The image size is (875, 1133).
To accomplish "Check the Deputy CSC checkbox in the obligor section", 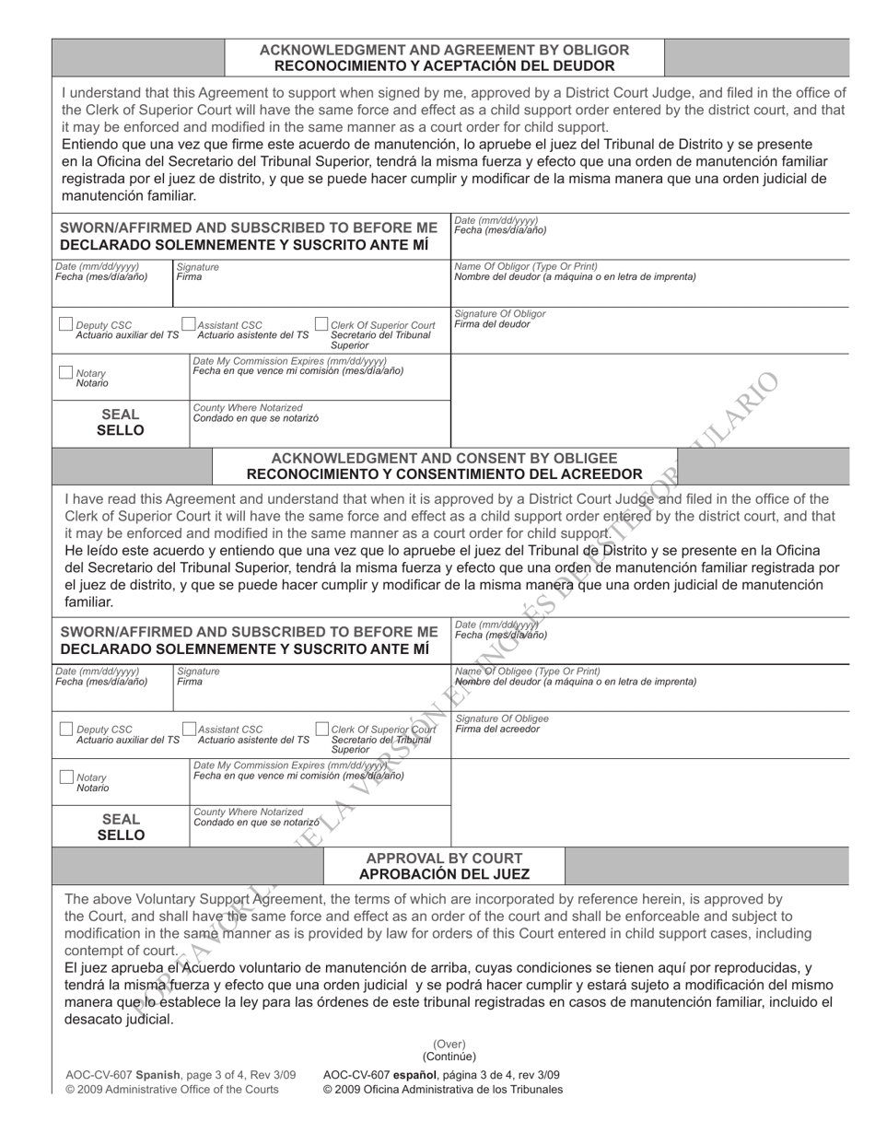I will click(x=65, y=324).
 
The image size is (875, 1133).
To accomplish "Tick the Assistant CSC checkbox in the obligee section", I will click(x=190, y=729).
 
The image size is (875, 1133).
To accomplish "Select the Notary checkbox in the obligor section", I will click(x=65, y=372).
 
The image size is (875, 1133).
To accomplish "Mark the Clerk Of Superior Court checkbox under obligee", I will click(x=322, y=729).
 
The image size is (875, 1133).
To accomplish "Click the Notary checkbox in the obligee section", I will click(x=65, y=777).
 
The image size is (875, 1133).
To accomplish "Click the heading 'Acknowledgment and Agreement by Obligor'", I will click(x=444, y=50).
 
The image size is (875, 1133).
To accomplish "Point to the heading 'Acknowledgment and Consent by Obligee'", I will click(x=444, y=458).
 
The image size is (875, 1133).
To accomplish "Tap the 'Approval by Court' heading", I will click(x=444, y=858).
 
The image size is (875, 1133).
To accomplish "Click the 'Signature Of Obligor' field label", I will click(x=500, y=314).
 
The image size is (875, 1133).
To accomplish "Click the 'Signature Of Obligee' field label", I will click(x=502, y=718).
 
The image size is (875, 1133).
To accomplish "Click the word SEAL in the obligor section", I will click(x=121, y=415).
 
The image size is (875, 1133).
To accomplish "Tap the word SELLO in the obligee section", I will click(x=121, y=835).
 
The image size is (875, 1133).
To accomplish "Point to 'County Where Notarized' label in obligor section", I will click(x=247, y=407).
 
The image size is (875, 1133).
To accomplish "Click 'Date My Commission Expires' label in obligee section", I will click(x=289, y=765).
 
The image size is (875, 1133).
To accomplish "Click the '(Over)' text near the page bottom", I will click(x=449, y=1044).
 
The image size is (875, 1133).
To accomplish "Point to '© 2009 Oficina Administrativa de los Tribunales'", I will click(x=442, y=1090).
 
